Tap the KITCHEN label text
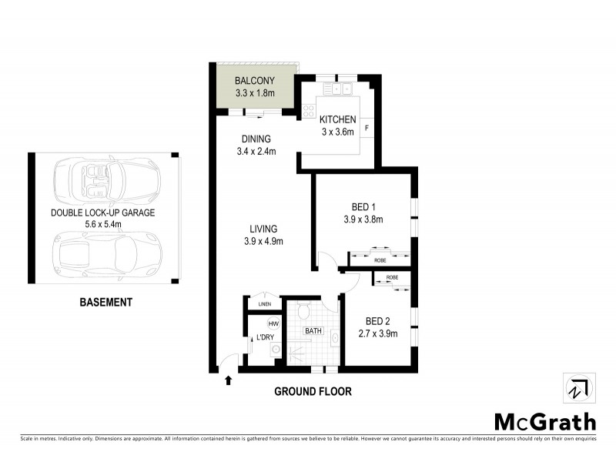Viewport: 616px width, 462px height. (x=338, y=119)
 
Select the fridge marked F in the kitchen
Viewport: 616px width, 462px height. (x=367, y=127)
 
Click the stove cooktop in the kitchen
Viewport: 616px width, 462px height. (x=309, y=112)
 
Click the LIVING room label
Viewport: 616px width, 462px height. (x=263, y=229)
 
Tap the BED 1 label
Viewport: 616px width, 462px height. (x=363, y=206)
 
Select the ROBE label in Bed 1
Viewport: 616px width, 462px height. (x=380, y=260)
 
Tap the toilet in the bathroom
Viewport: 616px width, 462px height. (x=303, y=311)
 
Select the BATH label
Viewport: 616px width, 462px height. (x=313, y=331)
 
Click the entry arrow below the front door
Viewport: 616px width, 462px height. (x=228, y=380)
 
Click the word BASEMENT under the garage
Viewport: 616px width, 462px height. (x=106, y=303)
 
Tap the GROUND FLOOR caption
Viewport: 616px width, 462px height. (x=313, y=391)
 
